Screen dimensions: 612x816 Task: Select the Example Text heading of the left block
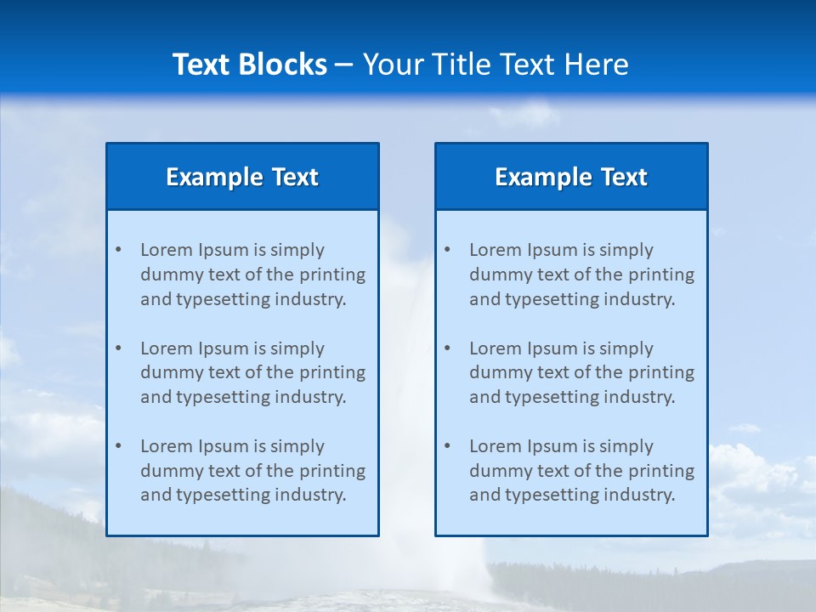point(242,177)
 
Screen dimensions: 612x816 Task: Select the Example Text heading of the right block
point(571,177)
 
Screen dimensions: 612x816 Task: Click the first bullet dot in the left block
point(118,250)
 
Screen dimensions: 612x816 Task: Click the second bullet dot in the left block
point(118,348)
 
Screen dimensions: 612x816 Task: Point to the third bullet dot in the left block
point(118,446)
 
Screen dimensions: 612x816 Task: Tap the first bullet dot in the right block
point(447,250)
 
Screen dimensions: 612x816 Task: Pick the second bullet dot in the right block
point(447,348)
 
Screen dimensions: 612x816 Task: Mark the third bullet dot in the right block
point(447,446)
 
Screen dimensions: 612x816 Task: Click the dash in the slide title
point(345,65)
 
